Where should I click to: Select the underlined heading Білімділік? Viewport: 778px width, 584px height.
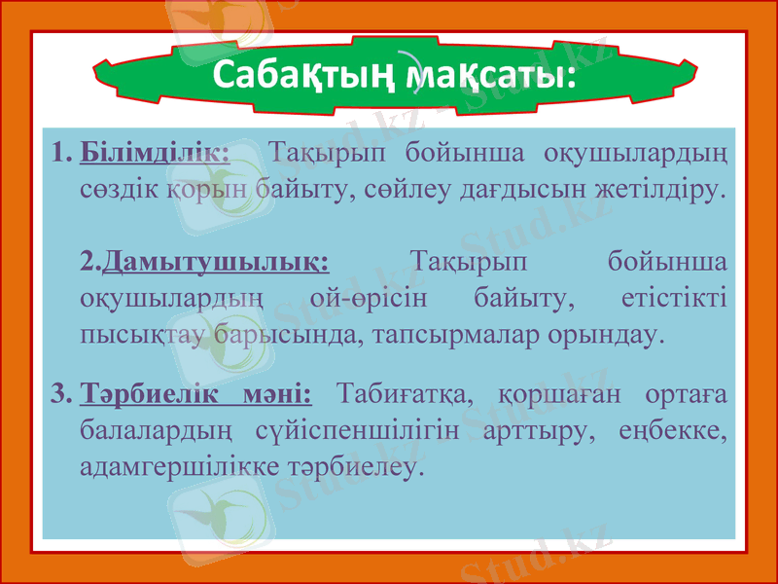click(156, 153)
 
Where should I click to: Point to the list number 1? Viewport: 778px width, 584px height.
click(58, 153)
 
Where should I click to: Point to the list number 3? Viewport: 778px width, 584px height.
click(58, 394)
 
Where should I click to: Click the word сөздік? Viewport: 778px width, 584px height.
click(114, 188)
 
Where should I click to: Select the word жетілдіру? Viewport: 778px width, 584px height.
click(662, 188)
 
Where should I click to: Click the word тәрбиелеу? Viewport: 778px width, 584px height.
click(356, 466)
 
